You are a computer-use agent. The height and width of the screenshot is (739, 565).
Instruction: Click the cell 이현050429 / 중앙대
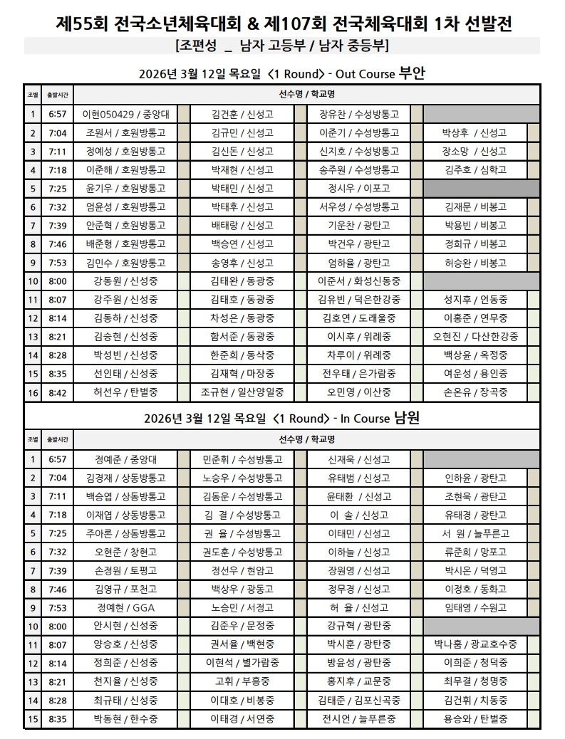pyautogui.click(x=125, y=114)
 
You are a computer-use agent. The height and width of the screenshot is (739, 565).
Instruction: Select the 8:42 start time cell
pyautogui.click(x=58, y=392)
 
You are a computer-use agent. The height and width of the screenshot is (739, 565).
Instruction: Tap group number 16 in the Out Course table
pyautogui.click(x=33, y=392)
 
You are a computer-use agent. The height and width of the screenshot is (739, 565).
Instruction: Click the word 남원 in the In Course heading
pyautogui.click(x=406, y=418)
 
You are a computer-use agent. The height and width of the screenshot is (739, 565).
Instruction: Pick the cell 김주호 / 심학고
pyautogui.click(x=475, y=169)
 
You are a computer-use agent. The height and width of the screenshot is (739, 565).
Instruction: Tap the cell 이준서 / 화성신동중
pyautogui.click(x=359, y=281)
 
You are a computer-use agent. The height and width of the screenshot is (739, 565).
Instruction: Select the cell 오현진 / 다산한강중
pyautogui.click(x=475, y=336)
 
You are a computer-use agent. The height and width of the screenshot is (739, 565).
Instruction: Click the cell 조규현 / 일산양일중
pyautogui.click(x=242, y=392)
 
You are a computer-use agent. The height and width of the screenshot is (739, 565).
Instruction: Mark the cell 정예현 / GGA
pyautogui.click(x=125, y=607)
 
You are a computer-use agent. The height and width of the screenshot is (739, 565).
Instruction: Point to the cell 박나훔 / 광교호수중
pyautogui.click(x=475, y=644)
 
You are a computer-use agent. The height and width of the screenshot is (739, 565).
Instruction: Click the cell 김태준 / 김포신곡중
pyautogui.click(x=359, y=700)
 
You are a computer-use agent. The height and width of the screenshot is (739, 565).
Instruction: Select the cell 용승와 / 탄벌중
pyautogui.click(x=475, y=718)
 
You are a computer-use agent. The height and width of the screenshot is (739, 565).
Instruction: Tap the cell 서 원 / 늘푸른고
pyautogui.click(x=475, y=533)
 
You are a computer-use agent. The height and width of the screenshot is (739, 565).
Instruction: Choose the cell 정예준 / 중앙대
pyautogui.click(x=125, y=459)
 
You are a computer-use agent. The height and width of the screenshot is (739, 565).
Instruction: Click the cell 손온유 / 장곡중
pyautogui.click(x=475, y=392)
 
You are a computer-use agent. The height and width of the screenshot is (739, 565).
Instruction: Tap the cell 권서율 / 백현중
pyautogui.click(x=242, y=644)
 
